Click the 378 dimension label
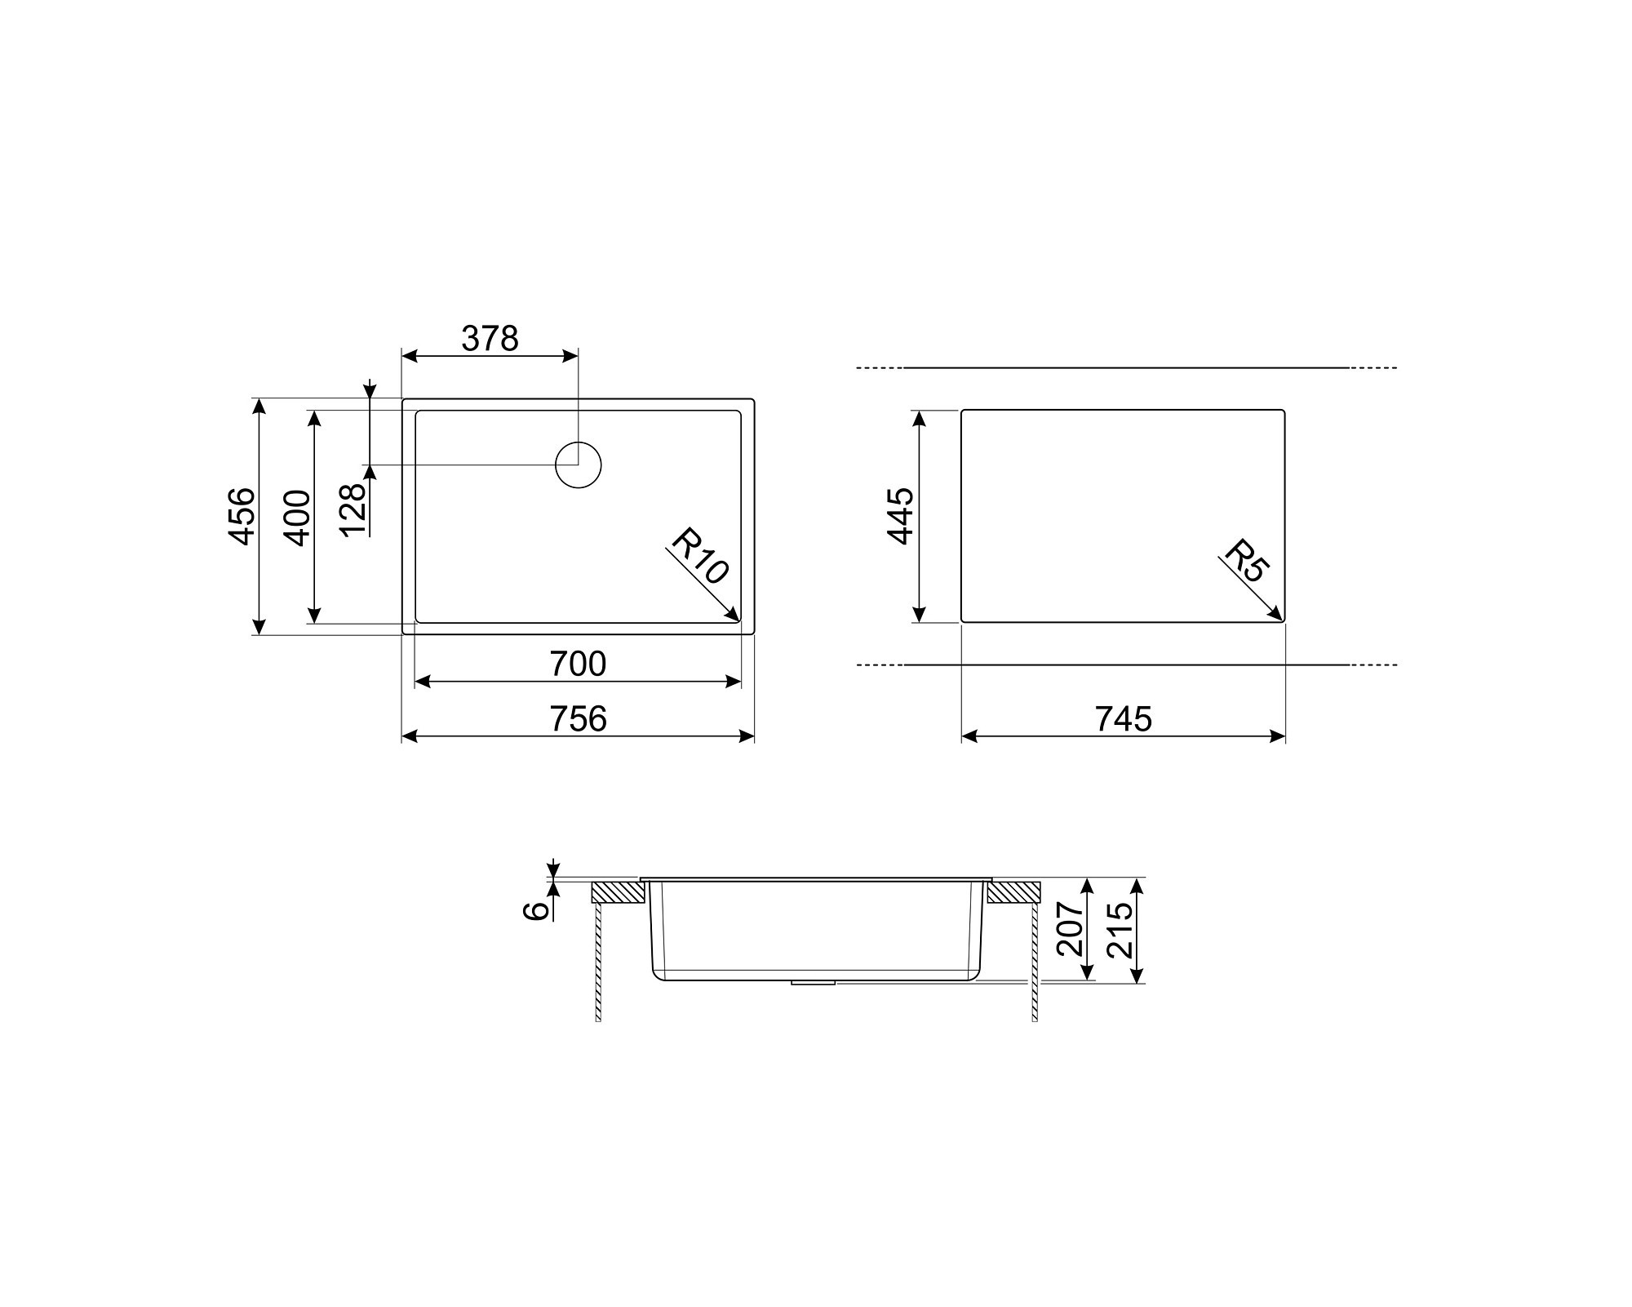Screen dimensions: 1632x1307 tap(490, 338)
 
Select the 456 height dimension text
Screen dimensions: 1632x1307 tap(242, 516)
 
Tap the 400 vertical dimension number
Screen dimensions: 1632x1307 tap(297, 518)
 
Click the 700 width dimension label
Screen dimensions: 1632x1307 tap(578, 664)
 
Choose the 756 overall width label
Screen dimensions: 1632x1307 tap(578, 718)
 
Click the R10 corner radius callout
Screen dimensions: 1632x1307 tap(699, 557)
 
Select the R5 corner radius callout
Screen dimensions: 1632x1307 tap(1245, 560)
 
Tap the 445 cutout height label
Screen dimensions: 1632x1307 tap(901, 516)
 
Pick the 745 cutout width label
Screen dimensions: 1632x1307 tap(1124, 718)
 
